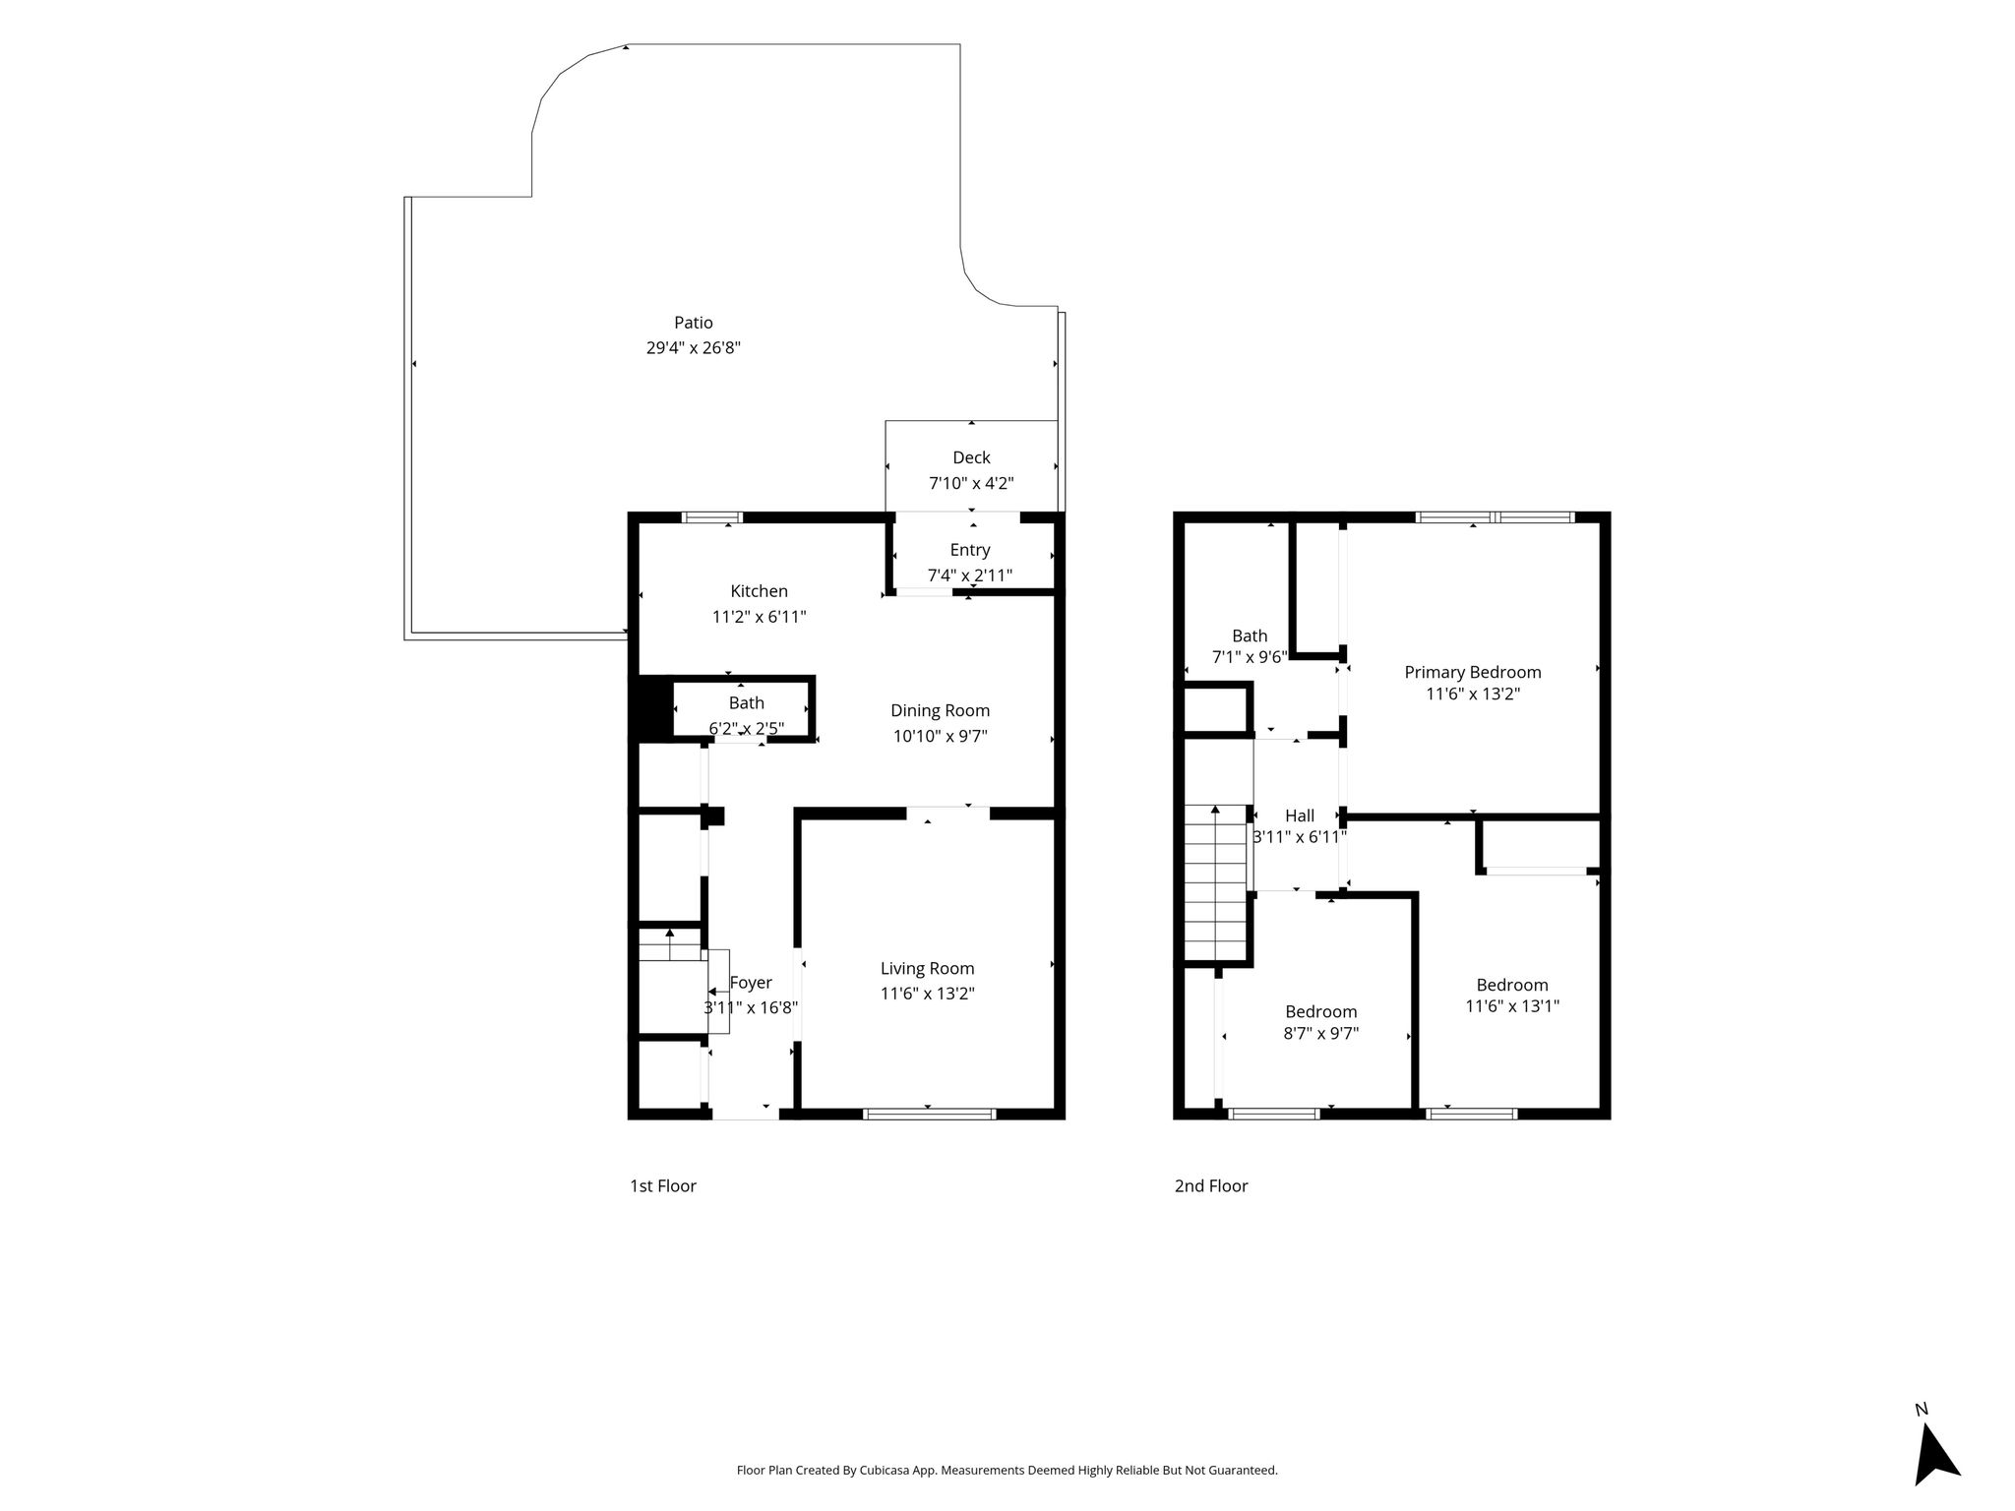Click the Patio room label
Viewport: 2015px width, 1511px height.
pos(694,323)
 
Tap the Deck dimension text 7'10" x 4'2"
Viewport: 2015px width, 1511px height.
pos(971,483)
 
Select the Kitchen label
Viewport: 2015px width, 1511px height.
pos(759,591)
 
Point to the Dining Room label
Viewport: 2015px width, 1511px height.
pos(940,710)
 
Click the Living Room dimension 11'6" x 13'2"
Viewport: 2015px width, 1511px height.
pos(927,994)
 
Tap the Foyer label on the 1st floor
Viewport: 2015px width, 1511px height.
pos(751,983)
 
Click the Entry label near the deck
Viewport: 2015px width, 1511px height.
pos(970,550)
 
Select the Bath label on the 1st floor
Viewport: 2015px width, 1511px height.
pos(747,703)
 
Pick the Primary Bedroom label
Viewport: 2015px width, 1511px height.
pos(1472,673)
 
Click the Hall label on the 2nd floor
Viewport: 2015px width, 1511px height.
pos(1300,816)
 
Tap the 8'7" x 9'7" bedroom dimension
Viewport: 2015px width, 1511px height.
pos(1320,1034)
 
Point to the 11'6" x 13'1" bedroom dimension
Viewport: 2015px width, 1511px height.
pos(1512,1006)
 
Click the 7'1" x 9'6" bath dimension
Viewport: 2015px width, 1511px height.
pos(1250,657)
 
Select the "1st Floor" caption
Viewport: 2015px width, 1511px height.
pos(663,1186)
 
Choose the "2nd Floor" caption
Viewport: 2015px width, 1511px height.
pos(1211,1186)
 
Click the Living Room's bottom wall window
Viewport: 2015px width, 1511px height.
pos(930,1114)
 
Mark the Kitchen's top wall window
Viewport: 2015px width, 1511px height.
pos(712,517)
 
